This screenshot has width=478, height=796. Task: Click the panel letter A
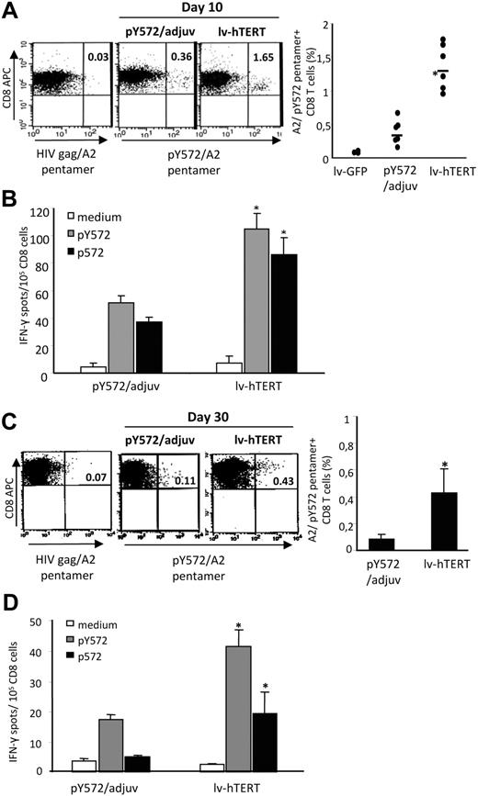click(10, 9)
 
